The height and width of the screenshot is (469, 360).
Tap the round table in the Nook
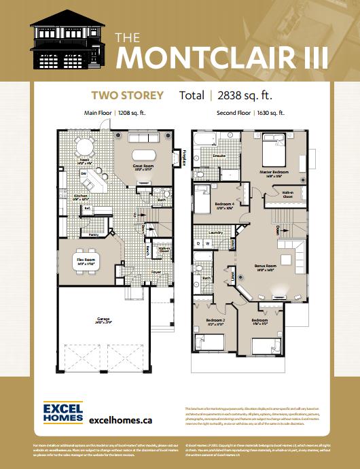(x=84, y=147)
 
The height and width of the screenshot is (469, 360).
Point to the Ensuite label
(x=219, y=156)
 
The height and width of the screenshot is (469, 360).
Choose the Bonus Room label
(x=266, y=266)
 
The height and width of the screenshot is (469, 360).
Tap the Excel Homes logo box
(x=62, y=415)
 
